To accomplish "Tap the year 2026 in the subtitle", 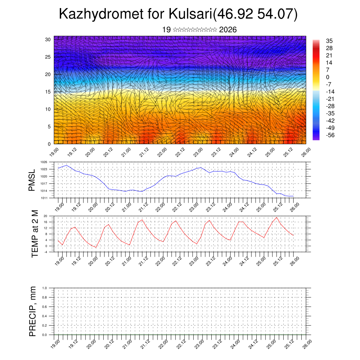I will pos(228,30).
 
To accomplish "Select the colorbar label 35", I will pos(329,41).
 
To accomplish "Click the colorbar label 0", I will pos(328,77).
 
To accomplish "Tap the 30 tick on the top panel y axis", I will pos(48,39).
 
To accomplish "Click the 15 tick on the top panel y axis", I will pos(48,92).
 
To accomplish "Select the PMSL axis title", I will pos(32,180).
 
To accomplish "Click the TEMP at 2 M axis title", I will pos(34,233).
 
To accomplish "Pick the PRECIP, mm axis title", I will pos(33,311).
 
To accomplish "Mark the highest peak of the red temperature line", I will pos(277,217).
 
